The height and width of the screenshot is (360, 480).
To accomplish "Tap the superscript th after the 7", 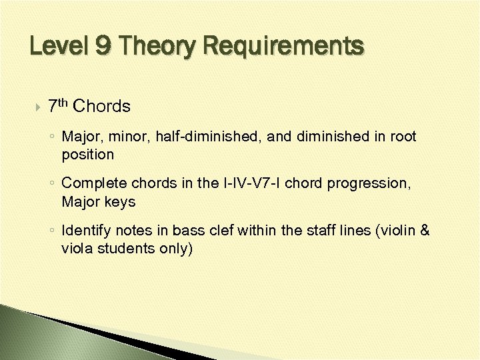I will pos(63,102).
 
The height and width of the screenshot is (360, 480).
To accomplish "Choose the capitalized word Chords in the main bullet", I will pos(102,106).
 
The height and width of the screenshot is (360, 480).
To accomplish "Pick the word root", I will pos(403,137).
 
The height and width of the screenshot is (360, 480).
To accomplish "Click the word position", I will pos(87,154).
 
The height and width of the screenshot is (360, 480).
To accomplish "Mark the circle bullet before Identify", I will pos(53,231).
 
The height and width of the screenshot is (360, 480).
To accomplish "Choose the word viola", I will pos(76,248).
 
